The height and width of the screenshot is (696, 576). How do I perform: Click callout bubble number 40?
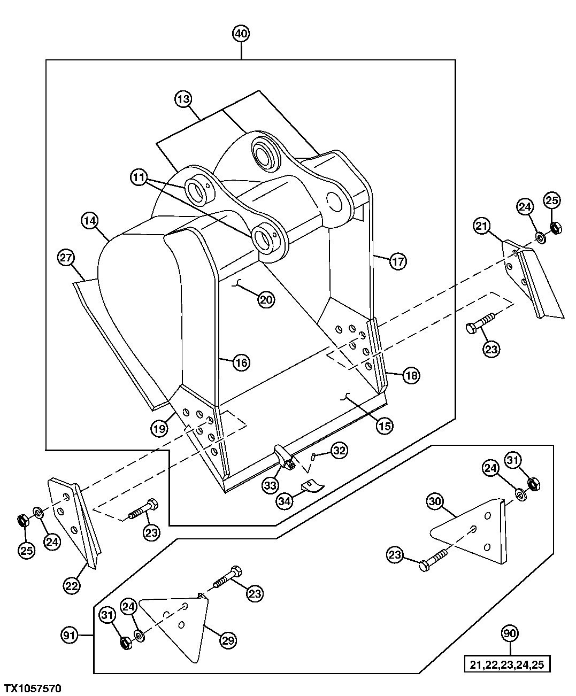[241, 34]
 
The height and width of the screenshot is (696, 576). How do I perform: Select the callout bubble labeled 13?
[183, 99]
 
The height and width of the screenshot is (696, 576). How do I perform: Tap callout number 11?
[140, 177]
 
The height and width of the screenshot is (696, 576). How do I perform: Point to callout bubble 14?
[90, 220]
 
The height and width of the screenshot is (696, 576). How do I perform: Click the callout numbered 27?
[66, 258]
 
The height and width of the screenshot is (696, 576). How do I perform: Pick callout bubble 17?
[398, 261]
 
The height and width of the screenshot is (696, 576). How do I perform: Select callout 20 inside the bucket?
[266, 300]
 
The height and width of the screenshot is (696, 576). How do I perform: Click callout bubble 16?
[241, 363]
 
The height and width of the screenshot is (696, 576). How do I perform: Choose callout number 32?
[339, 451]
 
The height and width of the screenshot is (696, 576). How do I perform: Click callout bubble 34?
[285, 501]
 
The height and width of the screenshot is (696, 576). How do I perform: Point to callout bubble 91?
[70, 636]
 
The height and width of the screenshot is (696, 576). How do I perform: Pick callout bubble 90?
[510, 633]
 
